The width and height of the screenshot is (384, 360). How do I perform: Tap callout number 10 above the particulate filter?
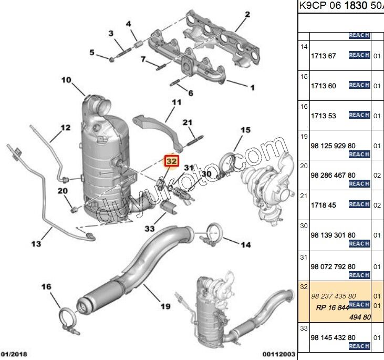coord(66,80)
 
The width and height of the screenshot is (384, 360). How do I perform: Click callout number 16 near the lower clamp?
coord(47,286)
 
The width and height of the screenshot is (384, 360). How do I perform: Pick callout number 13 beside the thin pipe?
coord(36,243)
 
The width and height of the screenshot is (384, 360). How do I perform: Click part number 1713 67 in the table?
coord(323,56)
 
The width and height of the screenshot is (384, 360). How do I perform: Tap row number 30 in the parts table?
coord(304,225)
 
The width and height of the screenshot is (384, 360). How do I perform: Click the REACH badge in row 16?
coord(359,115)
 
